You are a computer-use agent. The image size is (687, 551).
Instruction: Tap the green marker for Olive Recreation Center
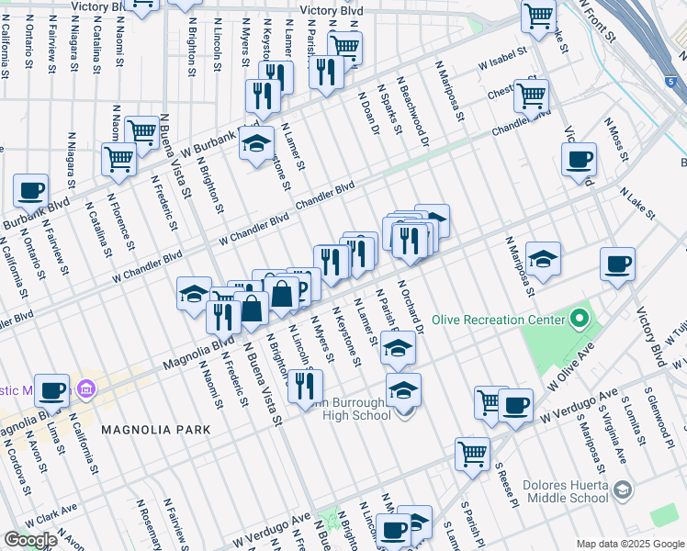(x=579, y=320)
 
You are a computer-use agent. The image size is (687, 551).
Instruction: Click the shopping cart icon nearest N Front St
(x=538, y=16)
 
